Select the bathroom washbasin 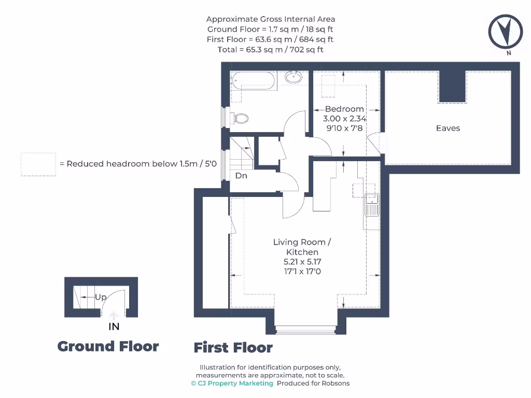tap(294, 78)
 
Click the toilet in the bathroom tap(240, 118)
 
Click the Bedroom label tap(344, 109)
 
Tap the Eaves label tap(448, 128)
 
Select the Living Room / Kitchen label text tap(302, 247)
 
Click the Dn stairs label tap(241, 176)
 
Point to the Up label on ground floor tap(101, 297)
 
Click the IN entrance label tap(114, 326)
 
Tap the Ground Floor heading tap(108, 346)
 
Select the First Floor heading tap(233, 348)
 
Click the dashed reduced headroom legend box tap(38, 164)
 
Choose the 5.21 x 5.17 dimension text tap(302, 262)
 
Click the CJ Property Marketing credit tap(232, 383)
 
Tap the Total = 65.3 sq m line tap(270, 50)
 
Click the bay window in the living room tap(305, 329)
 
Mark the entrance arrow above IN tap(114, 315)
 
